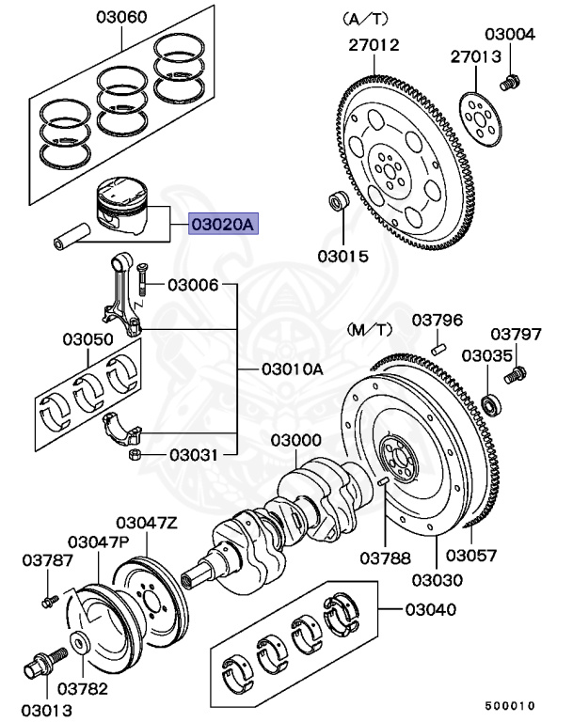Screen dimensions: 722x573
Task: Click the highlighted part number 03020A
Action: [223, 226]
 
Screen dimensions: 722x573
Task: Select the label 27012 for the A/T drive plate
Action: [374, 44]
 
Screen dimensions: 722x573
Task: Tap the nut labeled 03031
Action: [135, 456]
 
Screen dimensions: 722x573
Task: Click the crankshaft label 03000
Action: [296, 440]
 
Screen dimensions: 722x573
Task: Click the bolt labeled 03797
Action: [515, 377]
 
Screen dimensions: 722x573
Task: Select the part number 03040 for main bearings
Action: [430, 609]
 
